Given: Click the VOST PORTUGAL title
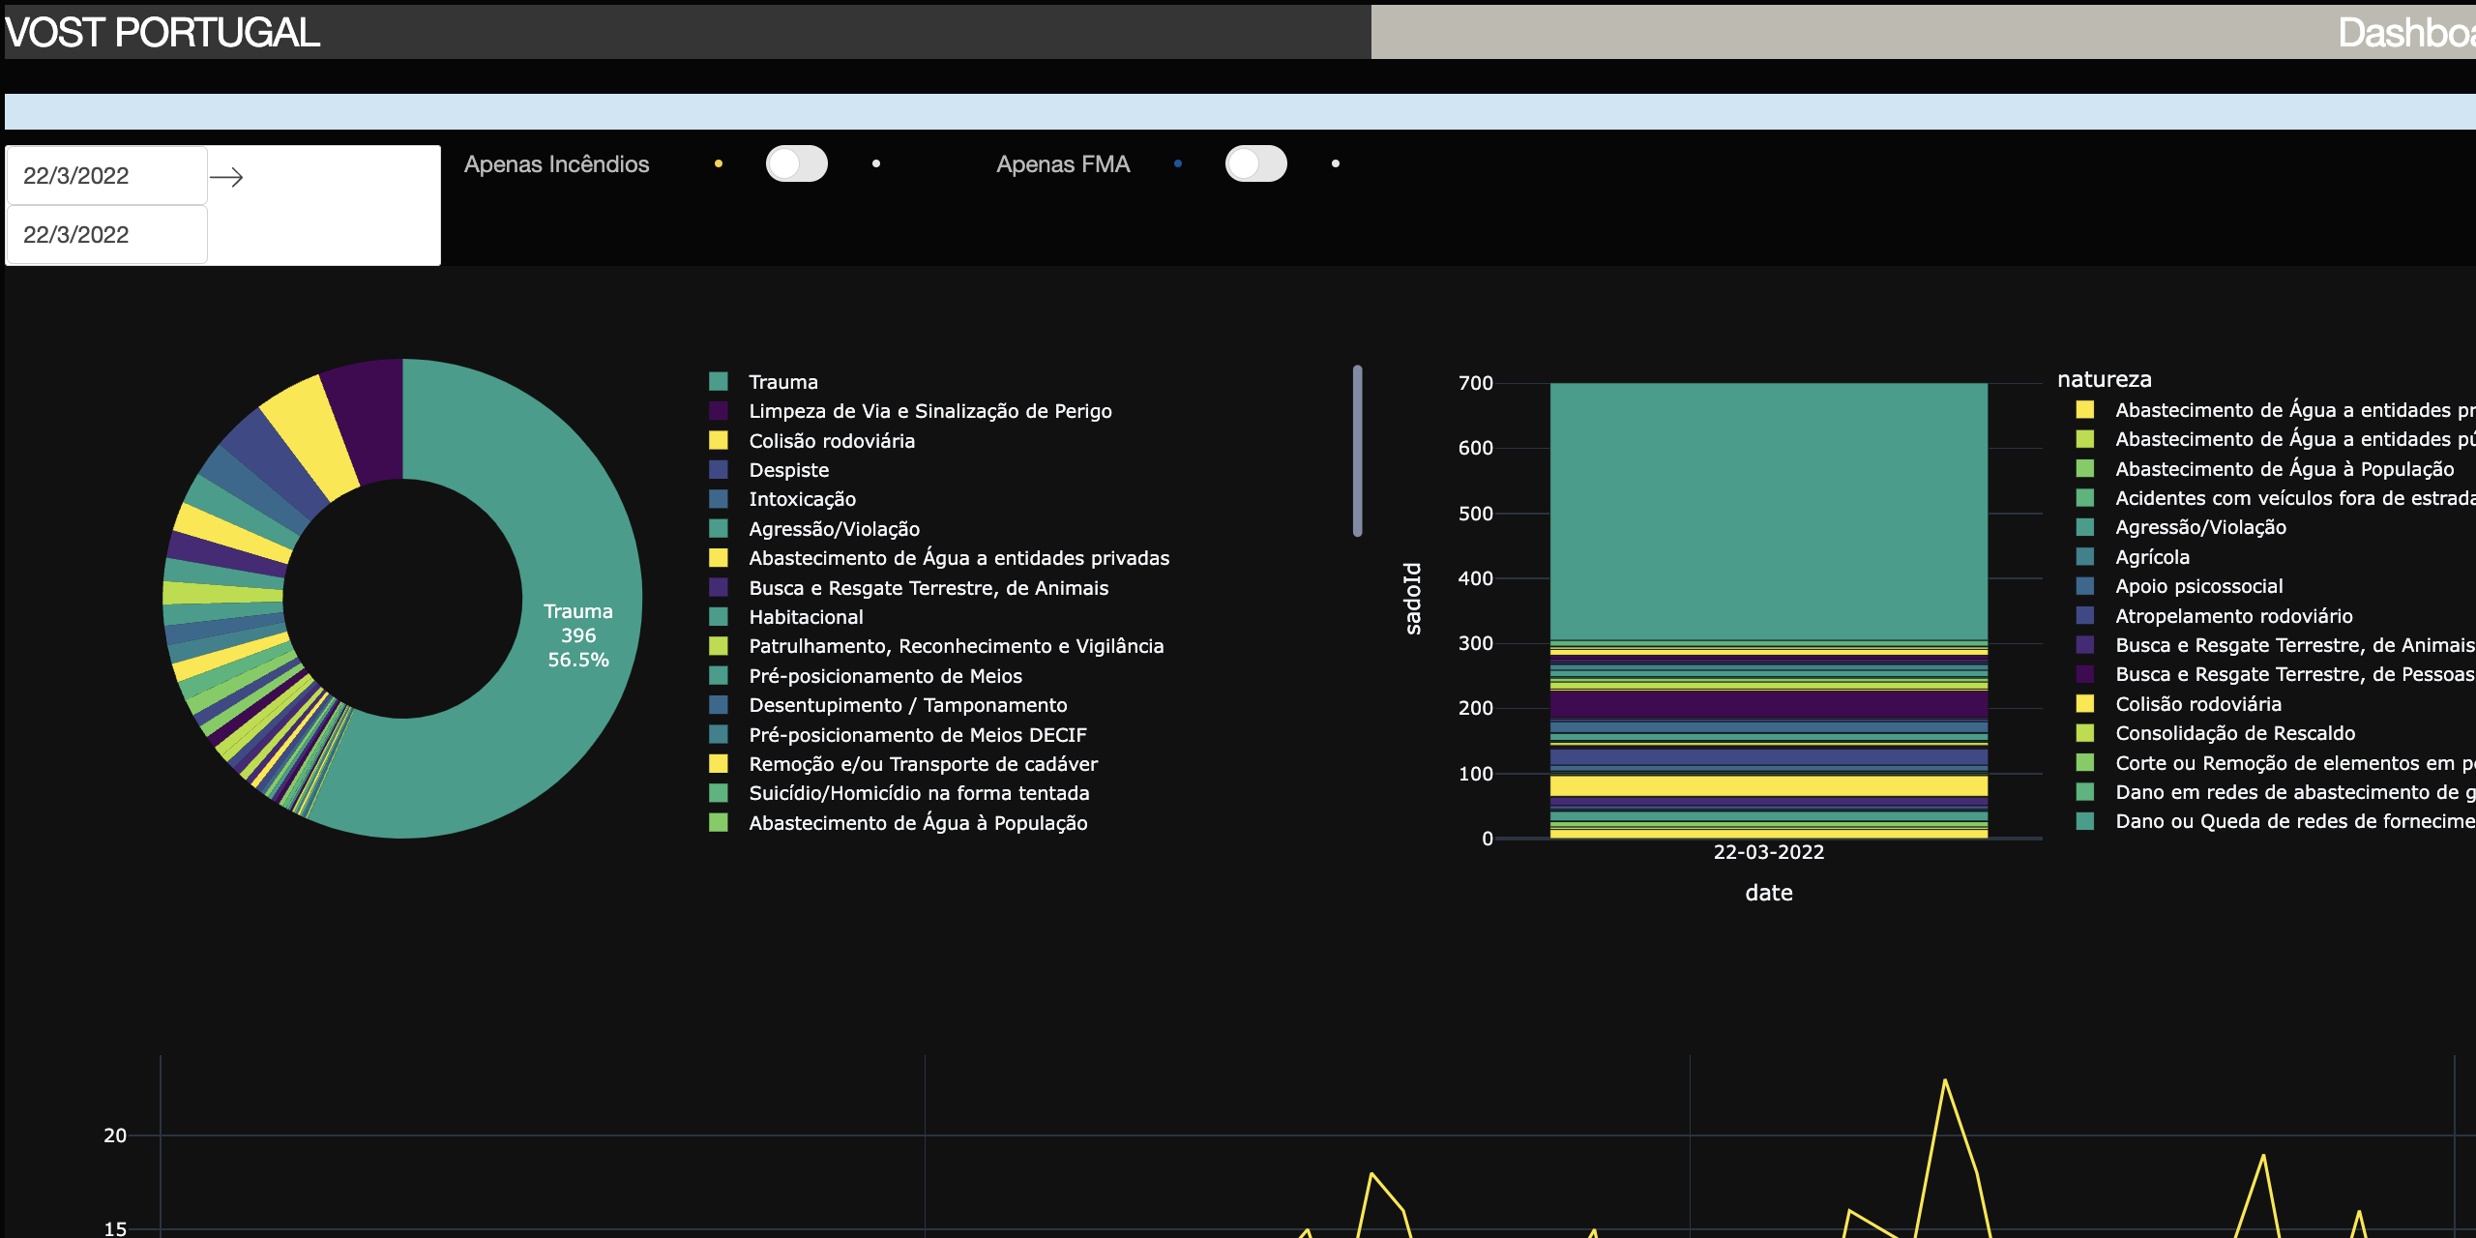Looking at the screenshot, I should [x=162, y=33].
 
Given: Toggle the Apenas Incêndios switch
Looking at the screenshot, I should [x=796, y=163].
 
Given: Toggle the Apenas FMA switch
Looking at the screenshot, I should [x=1255, y=163].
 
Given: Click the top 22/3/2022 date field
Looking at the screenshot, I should [x=106, y=176].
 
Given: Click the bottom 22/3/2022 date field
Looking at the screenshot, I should [x=106, y=235].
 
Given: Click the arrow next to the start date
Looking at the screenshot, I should [x=226, y=177].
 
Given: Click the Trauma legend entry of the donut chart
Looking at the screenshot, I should [x=782, y=382].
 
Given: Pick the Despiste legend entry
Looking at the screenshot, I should [x=788, y=470].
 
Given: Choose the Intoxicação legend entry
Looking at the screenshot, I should [x=802, y=499].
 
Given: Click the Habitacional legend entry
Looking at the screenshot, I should [x=806, y=617].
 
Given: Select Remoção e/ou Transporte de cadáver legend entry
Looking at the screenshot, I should [x=923, y=764].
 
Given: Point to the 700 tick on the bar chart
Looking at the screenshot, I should [x=1475, y=383].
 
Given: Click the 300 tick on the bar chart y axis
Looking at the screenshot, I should [x=1475, y=643].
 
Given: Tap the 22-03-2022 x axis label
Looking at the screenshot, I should [x=1768, y=852].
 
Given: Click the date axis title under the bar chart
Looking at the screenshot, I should [x=1768, y=893].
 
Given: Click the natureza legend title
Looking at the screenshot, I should [x=2104, y=379].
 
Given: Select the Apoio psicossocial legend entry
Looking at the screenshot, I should [x=2198, y=586].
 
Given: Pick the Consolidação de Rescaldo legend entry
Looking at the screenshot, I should [x=2234, y=733].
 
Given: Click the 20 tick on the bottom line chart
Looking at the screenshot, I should [x=115, y=1135].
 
